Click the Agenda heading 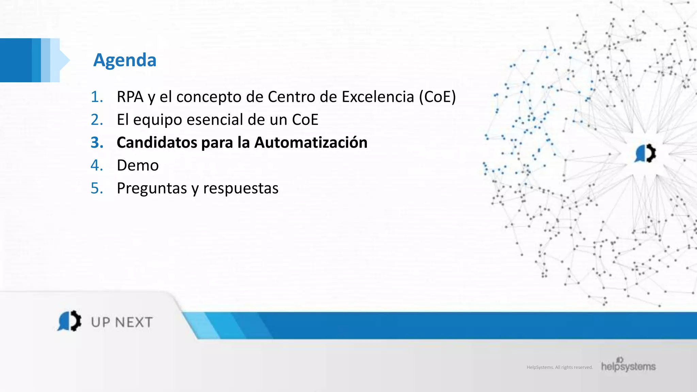pyautogui.click(x=125, y=60)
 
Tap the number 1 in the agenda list pyautogui.click(x=96, y=97)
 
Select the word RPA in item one pyautogui.click(x=130, y=97)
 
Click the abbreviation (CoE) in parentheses pyautogui.click(x=437, y=97)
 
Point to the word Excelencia pyautogui.click(x=378, y=97)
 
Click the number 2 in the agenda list pyautogui.click(x=97, y=120)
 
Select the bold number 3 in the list pyautogui.click(x=97, y=143)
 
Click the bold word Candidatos pyautogui.click(x=157, y=143)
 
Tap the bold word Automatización pyautogui.click(x=311, y=143)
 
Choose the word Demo pyautogui.click(x=138, y=166)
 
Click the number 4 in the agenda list pyautogui.click(x=97, y=165)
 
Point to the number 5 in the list pyautogui.click(x=97, y=188)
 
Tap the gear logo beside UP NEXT pyautogui.click(x=69, y=321)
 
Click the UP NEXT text pyautogui.click(x=122, y=322)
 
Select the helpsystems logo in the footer pyautogui.click(x=628, y=365)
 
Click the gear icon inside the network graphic pyautogui.click(x=645, y=153)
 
